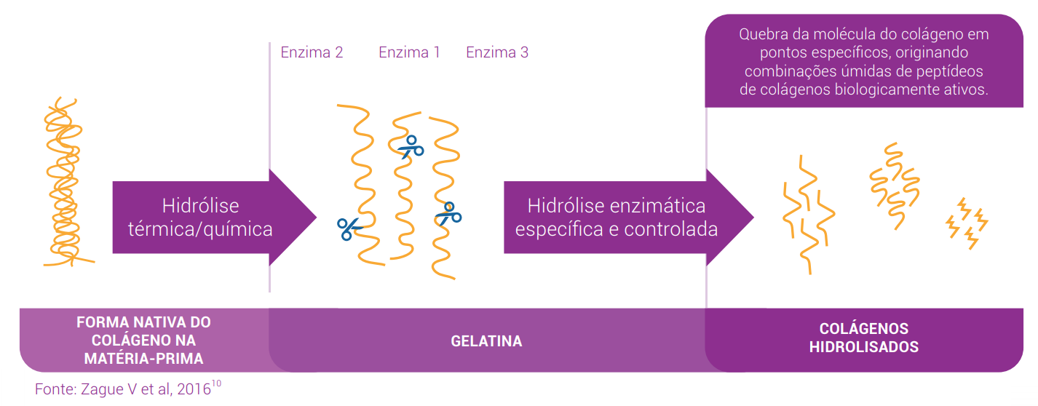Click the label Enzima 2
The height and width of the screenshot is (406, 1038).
pyautogui.click(x=312, y=52)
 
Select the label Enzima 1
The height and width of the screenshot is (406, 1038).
pyautogui.click(x=409, y=52)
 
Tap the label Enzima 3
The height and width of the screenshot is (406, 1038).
pyautogui.click(x=497, y=52)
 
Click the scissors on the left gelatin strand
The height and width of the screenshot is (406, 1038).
pyautogui.click(x=349, y=228)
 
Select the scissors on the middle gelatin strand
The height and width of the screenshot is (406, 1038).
pyautogui.click(x=411, y=146)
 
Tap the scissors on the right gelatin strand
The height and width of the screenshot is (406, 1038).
pyautogui.click(x=448, y=214)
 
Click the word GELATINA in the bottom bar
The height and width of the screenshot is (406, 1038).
pyautogui.click(x=486, y=341)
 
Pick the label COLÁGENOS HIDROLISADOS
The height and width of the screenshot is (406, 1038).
pyautogui.click(x=863, y=338)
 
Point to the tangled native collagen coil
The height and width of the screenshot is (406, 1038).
pyautogui.click(x=64, y=182)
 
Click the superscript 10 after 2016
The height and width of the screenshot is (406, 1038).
pyautogui.click(x=216, y=383)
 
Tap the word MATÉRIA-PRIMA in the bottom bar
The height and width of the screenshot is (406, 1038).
pyautogui.click(x=143, y=358)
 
